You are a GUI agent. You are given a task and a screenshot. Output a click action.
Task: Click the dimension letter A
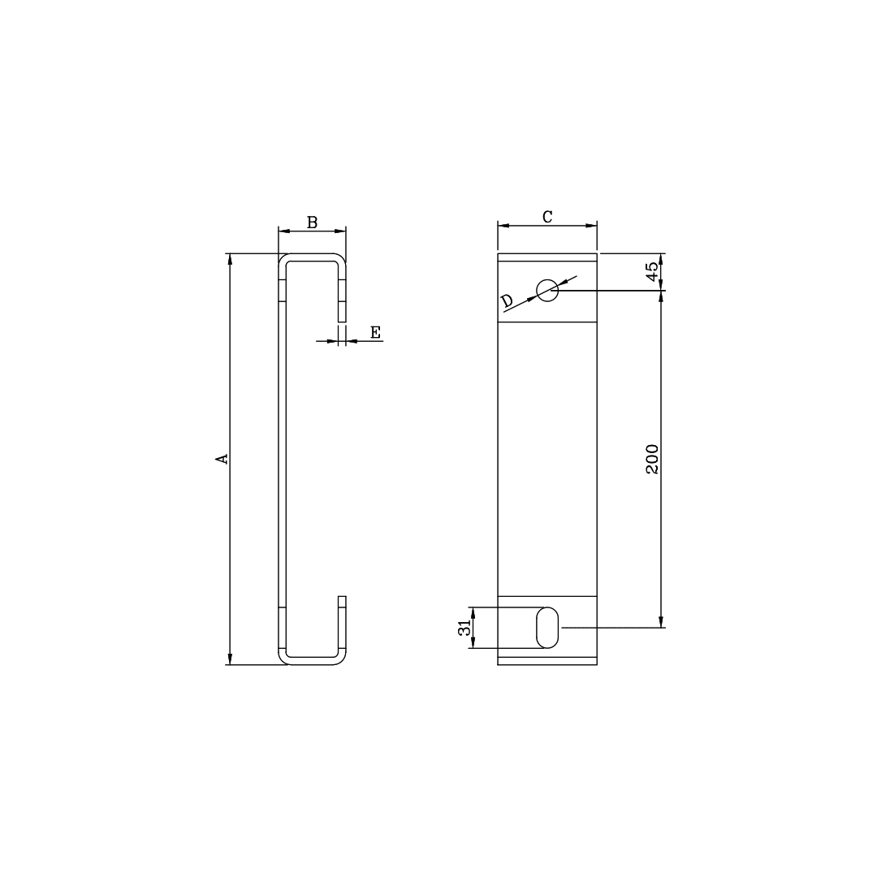221,459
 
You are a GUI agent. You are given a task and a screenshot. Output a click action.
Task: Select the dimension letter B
312,222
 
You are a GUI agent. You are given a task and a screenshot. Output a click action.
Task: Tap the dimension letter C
547,216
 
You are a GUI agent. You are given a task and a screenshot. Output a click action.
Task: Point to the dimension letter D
507,301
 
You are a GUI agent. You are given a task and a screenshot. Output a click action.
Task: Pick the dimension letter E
375,332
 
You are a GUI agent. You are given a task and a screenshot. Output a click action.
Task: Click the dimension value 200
652,460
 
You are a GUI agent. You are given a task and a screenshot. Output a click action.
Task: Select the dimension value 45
652,271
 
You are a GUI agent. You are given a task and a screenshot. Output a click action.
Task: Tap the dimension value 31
464,628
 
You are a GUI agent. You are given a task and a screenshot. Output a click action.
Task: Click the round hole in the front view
547,290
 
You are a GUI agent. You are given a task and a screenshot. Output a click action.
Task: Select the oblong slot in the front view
547,628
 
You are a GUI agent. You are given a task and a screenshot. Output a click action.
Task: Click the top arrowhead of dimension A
230,259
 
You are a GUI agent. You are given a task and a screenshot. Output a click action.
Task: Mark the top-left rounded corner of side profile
283,259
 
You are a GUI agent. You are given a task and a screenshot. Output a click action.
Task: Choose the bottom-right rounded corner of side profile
342,659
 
